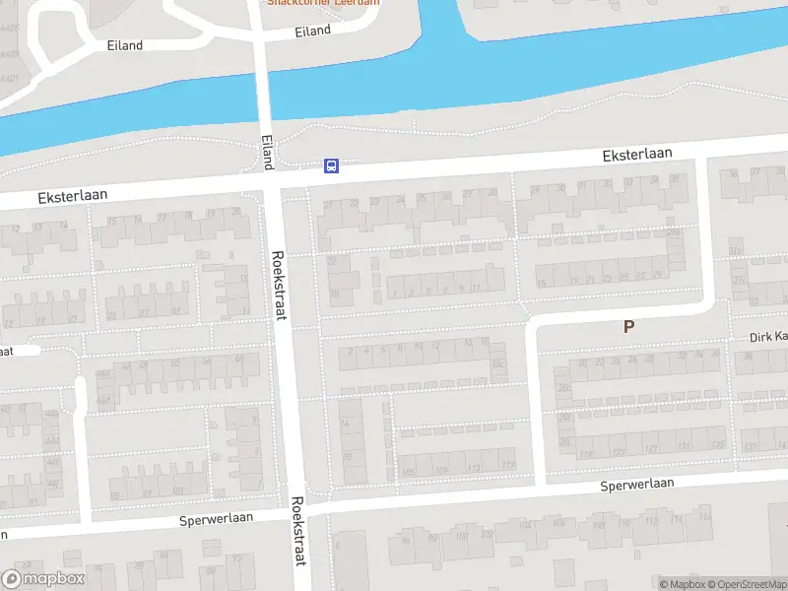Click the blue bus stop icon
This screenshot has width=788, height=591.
(332, 165)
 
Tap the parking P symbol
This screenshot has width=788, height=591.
(627, 327)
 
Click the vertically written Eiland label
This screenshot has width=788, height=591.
(266, 151)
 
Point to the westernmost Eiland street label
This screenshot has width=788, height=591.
(124, 45)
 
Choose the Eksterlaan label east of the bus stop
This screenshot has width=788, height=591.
(637, 154)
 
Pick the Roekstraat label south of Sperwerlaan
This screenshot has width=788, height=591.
(297, 543)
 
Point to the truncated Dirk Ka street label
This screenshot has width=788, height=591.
(767, 337)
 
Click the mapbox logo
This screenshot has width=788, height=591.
(44, 579)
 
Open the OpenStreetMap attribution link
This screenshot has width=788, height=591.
(746, 584)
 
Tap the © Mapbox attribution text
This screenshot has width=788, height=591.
(683, 584)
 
